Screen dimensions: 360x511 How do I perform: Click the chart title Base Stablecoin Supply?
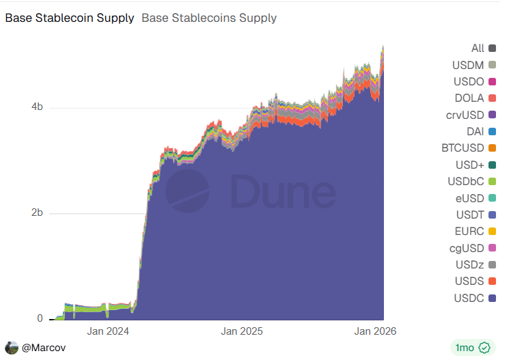click(70, 18)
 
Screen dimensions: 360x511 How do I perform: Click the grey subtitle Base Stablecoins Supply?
click(209, 18)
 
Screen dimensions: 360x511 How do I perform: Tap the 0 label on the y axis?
click(40, 318)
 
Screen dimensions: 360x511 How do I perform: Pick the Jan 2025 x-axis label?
click(242, 331)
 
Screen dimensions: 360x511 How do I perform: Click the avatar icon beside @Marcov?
click(12, 348)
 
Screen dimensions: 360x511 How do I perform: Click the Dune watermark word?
click(281, 191)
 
